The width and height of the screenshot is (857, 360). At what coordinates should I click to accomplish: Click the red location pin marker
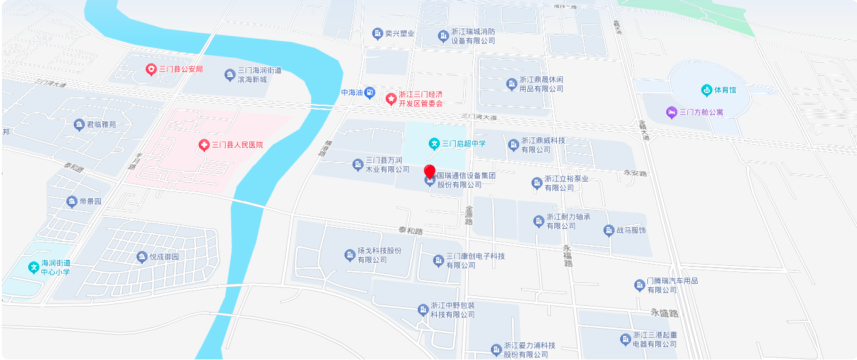coord(429,172)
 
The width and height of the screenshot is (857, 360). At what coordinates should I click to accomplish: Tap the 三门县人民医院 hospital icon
coord(204,145)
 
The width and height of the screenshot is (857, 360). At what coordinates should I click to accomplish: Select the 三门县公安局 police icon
coord(151,70)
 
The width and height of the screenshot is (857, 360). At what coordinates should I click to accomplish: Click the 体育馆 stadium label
coord(724,90)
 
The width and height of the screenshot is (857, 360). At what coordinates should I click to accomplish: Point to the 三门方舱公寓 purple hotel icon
coord(671,112)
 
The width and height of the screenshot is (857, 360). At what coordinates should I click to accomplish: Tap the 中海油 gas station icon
coord(369,93)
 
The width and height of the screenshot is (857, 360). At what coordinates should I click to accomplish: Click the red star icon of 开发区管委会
coord(391,98)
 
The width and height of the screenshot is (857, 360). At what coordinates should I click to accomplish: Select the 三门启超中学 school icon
coord(434,144)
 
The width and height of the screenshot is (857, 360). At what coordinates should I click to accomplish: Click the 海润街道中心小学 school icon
coord(33,268)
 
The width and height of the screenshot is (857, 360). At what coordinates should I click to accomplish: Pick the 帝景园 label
coord(90,202)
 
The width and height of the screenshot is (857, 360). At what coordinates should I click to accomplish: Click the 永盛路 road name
coord(664,313)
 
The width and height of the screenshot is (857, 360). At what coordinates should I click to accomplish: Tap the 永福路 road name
coord(568,255)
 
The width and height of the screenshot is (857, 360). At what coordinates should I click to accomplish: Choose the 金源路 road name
coord(469,215)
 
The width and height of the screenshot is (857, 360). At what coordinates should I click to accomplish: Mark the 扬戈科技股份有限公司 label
coord(380,255)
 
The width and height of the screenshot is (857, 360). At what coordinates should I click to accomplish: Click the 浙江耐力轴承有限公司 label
coord(568,222)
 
